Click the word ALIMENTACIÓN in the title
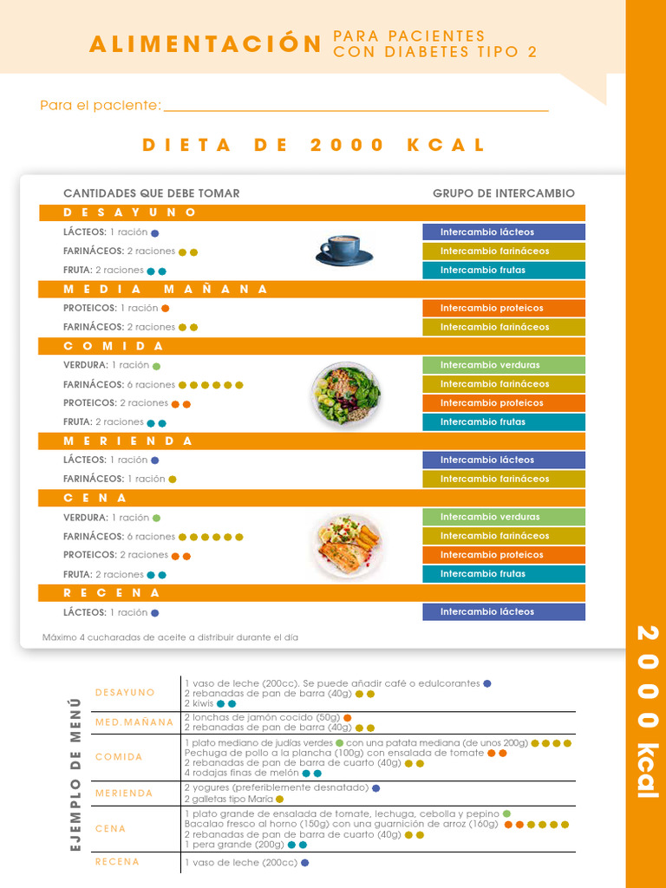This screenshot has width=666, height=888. coord(206,44)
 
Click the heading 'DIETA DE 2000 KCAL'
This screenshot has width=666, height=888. coord(314,145)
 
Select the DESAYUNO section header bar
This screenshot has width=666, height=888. coord(312,212)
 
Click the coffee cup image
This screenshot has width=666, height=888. coord(343,250)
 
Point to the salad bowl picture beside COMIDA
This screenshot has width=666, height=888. coord(345,393)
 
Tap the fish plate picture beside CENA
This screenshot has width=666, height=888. coord(346,546)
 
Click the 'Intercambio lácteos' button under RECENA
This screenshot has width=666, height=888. coord(504,612)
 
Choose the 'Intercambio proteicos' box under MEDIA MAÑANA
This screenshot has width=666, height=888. coord(504,308)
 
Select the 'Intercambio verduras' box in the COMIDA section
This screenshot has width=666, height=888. coord(504,365)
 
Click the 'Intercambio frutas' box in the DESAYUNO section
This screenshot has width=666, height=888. coord(504,270)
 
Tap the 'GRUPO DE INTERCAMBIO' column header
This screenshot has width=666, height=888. coord(504,193)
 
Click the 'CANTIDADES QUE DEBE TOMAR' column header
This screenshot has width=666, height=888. coord(152,193)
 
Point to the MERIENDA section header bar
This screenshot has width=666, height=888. coord(312,441)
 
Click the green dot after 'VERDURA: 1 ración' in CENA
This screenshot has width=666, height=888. coord(157,518)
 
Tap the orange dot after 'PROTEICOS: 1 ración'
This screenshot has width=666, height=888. coord(166,308)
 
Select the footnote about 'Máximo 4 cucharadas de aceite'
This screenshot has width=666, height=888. coord(170,637)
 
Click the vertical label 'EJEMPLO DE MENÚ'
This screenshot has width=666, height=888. coord(75,774)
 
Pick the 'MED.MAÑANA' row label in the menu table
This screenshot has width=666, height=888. coord(134,722)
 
